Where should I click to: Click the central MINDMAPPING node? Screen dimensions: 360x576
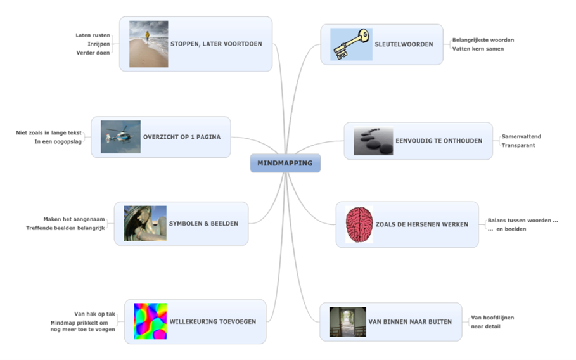pos(285,163)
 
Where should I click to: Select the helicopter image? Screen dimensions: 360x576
pos(120,136)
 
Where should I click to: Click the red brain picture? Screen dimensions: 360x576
pos(359,224)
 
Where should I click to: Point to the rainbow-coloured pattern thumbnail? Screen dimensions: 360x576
pos(150,321)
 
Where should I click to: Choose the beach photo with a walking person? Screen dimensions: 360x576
pos(148,44)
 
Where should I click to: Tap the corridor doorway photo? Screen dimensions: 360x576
pos(347,321)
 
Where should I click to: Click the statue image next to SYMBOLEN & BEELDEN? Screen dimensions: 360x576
pos(145,223)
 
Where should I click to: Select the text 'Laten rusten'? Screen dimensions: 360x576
pos(93,35)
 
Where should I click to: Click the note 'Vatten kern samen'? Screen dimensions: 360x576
pos(478,49)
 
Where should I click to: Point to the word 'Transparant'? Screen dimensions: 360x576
pos(518,145)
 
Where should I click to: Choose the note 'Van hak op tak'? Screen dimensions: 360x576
pos(94,314)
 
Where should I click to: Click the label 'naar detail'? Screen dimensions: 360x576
pos(485,326)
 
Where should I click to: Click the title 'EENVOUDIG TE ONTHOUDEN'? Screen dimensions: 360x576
pos(438,141)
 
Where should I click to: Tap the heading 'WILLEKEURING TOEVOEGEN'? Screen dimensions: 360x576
pos(213,321)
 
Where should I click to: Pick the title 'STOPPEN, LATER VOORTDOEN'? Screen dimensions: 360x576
pos(216,44)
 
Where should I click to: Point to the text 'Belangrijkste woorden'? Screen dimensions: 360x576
pos(483,40)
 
